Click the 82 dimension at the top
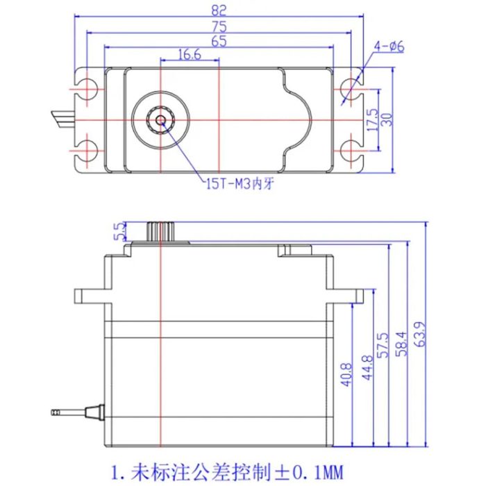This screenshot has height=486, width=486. pyautogui.click(x=218, y=10)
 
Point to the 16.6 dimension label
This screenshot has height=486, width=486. pyautogui.click(x=189, y=54)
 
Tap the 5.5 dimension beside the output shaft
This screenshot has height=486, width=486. pyautogui.click(x=119, y=231)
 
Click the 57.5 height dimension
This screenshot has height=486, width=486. pyautogui.click(x=382, y=346)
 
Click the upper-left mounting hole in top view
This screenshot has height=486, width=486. pyautogui.click(x=87, y=90)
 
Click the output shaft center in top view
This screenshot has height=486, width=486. pyautogui.click(x=161, y=119)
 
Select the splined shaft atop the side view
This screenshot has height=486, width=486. pyautogui.click(x=160, y=231)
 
